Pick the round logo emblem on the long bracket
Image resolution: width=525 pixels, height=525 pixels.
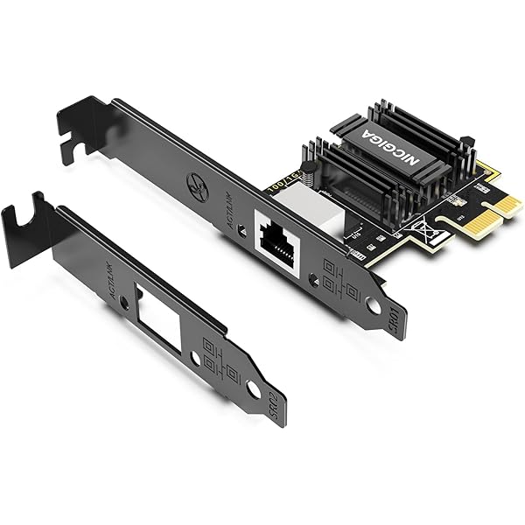[x=198, y=186]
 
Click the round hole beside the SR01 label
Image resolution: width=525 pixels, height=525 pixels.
[x=374, y=306]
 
